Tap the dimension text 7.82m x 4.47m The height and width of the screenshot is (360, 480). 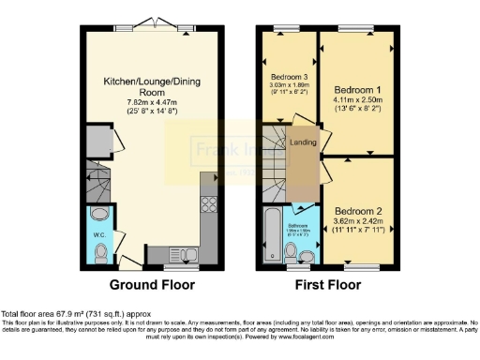[147, 102]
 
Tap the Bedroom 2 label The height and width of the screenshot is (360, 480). [358, 212]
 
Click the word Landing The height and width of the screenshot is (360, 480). [303, 142]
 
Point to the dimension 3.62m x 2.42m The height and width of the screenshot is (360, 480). [358, 221]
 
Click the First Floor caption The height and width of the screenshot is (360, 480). [337, 283]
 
